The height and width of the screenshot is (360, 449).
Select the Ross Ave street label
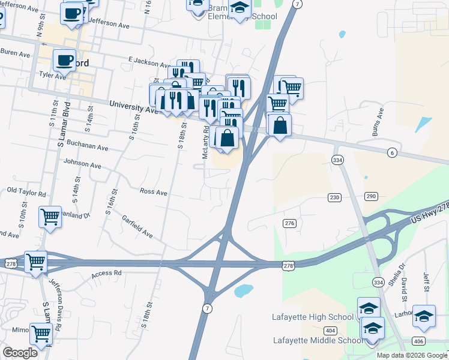(x=153, y=191)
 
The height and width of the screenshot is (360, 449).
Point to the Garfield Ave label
(x=137, y=227)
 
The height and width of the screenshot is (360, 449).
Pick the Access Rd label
(x=106, y=274)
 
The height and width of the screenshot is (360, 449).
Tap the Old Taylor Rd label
(x=26, y=193)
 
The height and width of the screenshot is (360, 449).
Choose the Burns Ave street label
(x=378, y=122)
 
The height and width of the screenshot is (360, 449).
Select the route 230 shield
(x=334, y=197)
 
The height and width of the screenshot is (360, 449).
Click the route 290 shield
(x=371, y=197)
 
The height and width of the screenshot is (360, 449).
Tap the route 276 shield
(x=290, y=223)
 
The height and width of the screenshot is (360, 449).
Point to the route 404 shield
(x=330, y=331)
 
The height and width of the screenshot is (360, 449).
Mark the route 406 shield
(x=418, y=341)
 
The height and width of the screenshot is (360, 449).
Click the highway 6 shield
(x=392, y=153)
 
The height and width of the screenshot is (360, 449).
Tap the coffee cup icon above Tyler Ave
(x=64, y=59)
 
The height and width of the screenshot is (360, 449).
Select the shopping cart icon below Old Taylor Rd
(x=50, y=216)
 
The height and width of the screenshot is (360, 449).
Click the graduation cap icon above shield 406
(x=424, y=316)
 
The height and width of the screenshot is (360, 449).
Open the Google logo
(x=20, y=353)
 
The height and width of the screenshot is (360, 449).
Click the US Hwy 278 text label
(x=430, y=214)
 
